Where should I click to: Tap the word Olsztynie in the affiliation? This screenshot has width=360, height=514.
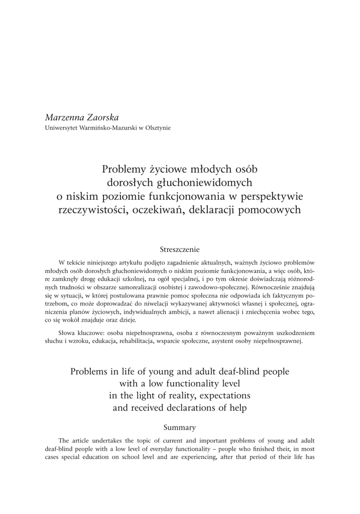point(158,128)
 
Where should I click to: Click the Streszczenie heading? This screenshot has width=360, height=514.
point(180,249)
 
